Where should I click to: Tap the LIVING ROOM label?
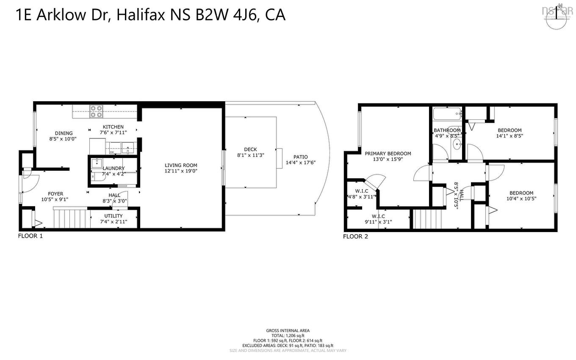(181, 165)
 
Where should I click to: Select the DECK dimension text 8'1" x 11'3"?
(250, 155)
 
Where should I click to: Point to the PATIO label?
(300, 157)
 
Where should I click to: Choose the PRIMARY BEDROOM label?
(388, 153)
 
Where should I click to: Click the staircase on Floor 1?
(71, 219)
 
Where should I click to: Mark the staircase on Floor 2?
(428, 219)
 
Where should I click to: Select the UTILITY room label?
(113, 216)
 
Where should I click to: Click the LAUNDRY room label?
(114, 168)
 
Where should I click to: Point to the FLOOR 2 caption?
(355, 236)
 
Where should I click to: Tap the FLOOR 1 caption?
(30, 236)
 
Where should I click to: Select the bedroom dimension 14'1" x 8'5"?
(510, 136)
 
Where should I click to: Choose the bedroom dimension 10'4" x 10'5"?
(521, 198)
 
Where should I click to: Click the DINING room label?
(64, 133)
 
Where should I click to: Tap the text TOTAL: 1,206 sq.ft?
(288, 335)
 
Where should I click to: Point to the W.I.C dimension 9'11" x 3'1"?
(378, 221)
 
